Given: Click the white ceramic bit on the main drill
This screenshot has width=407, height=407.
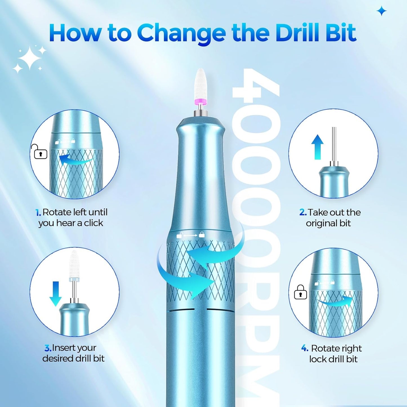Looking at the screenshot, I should click(201, 84).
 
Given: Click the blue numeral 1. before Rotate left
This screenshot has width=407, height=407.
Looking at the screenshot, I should click(38, 213).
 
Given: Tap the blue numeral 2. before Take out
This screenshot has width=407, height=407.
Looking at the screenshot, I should click(303, 212).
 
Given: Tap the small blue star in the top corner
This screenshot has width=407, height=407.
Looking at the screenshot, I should click(382, 11).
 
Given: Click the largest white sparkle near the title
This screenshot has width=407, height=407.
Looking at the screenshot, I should click(29, 58).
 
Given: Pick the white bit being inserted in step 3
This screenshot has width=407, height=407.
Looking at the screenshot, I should click(74, 265).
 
